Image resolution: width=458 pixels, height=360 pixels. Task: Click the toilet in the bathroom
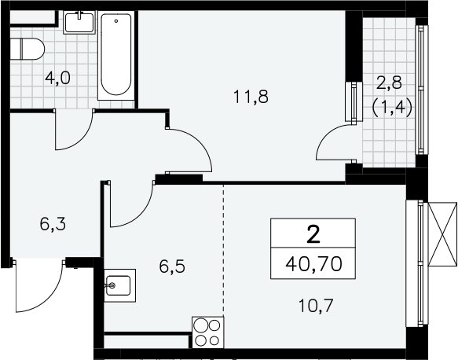click(27, 49)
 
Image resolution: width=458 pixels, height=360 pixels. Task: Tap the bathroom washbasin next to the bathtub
click(79, 23)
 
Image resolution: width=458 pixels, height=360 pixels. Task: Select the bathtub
click(116, 55)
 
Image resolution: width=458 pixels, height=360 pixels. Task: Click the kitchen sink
click(119, 285)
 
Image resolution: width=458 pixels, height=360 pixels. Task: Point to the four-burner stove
click(207, 332)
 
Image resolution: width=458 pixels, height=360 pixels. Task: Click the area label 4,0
click(58, 79)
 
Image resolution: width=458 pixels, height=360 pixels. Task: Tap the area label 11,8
click(251, 97)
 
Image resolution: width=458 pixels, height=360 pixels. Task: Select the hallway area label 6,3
click(53, 225)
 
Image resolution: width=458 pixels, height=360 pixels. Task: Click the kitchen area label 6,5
click(172, 266)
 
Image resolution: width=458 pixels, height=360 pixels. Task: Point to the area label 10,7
click(316, 306)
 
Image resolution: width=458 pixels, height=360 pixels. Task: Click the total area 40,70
click(313, 264)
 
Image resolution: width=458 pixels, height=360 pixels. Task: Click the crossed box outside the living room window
click(442, 234)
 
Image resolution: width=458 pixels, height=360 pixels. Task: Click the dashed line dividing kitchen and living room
click(224, 251)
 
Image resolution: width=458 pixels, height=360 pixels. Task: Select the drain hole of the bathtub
click(116, 21)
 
